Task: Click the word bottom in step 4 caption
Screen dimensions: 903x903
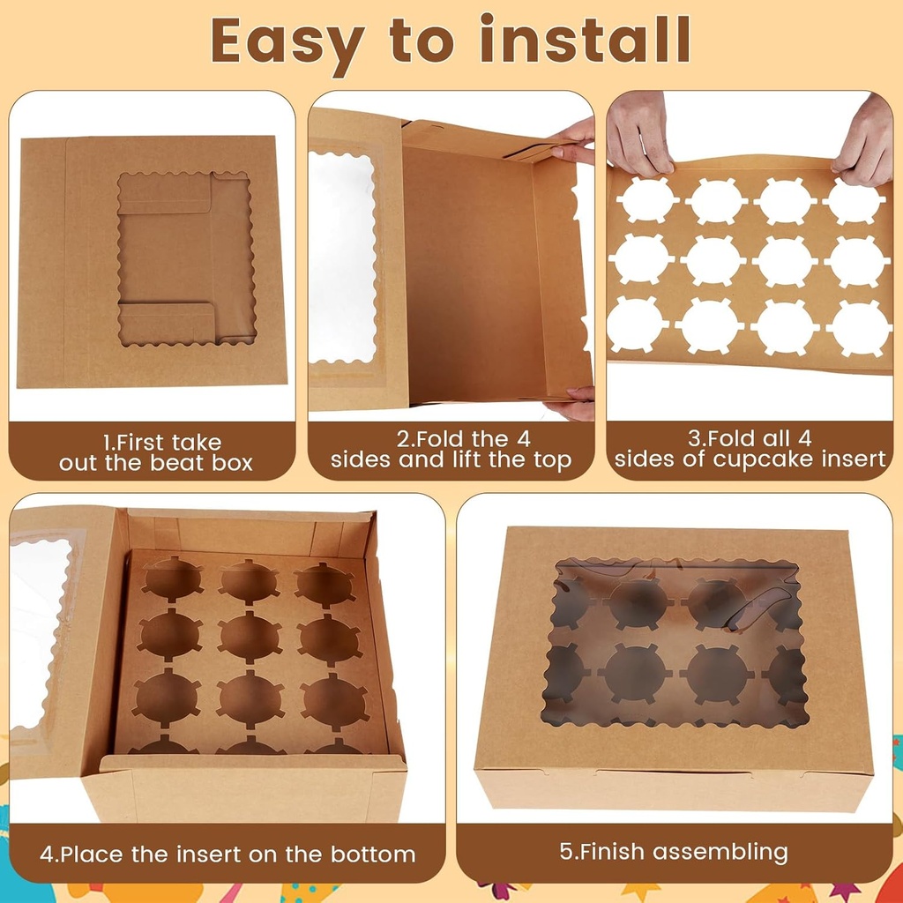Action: point(373,854)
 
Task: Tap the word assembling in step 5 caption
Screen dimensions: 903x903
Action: point(714,851)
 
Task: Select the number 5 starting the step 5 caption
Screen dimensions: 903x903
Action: point(566,851)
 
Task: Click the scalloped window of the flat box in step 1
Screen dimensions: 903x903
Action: point(187,257)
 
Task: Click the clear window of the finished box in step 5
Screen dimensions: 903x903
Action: point(675,642)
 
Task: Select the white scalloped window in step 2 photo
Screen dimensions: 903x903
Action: point(342,257)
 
